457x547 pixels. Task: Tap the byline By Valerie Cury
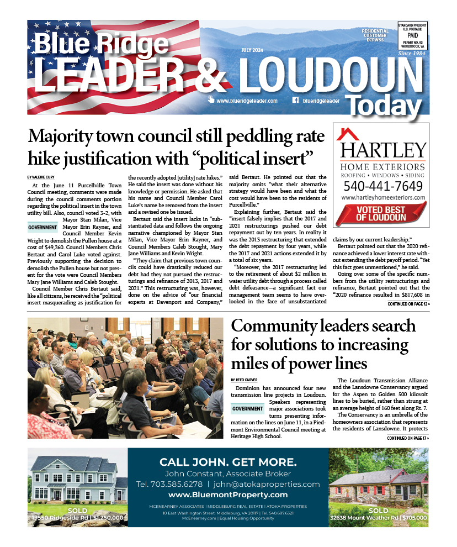[42, 176]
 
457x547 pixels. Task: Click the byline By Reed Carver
[245, 380]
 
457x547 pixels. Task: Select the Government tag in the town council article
[43, 227]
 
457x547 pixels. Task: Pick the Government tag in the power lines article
[248, 409]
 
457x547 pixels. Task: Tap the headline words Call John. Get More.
[228, 462]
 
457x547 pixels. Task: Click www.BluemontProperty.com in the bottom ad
[228, 495]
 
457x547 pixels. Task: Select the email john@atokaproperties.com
[274, 484]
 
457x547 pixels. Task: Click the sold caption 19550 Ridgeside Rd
[77, 518]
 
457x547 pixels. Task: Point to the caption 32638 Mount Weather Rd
[379, 518]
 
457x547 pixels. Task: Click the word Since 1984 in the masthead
[412, 54]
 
